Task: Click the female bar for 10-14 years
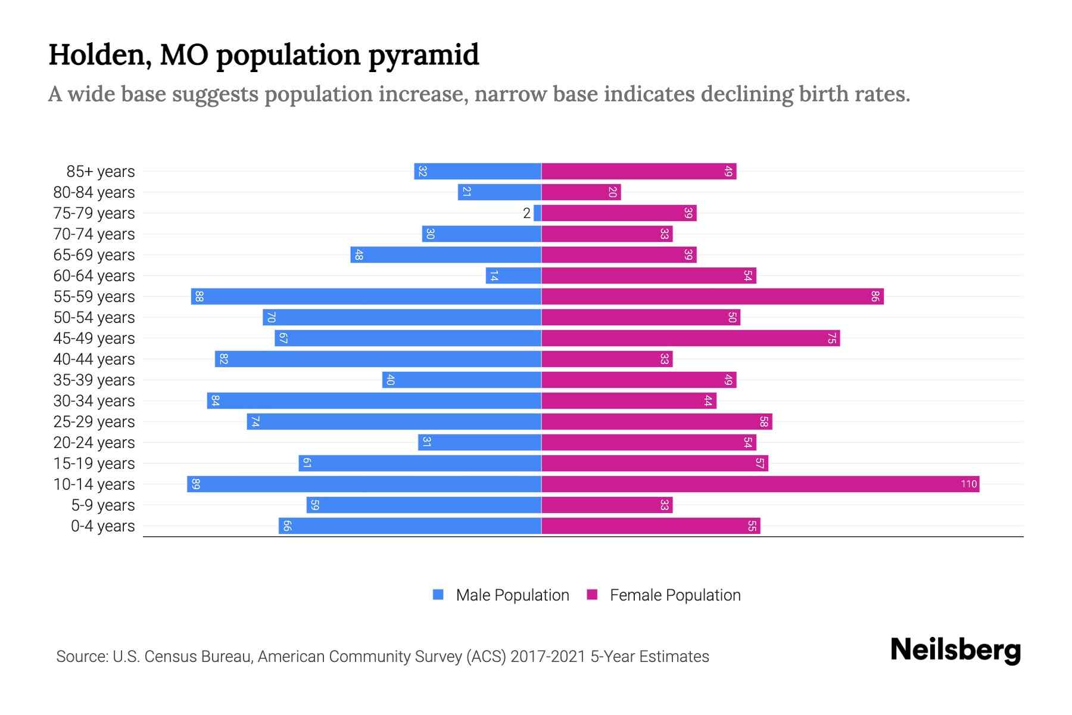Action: (x=760, y=484)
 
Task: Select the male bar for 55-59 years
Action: (x=366, y=296)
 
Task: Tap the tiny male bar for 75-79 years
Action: (x=537, y=213)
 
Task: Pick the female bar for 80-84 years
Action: (x=581, y=192)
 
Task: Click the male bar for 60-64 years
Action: (x=513, y=275)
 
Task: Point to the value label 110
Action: (x=968, y=484)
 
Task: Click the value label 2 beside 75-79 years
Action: (x=526, y=213)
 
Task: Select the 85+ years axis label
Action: (x=100, y=172)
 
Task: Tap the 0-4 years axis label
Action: (x=102, y=526)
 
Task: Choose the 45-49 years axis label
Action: (x=94, y=338)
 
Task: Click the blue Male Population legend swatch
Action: (x=438, y=595)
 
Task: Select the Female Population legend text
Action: (x=675, y=595)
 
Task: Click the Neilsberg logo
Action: (x=955, y=650)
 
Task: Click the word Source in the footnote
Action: (x=81, y=657)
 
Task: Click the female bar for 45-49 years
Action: (x=690, y=338)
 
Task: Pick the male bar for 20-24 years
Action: (x=479, y=442)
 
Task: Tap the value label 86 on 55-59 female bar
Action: (x=874, y=296)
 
